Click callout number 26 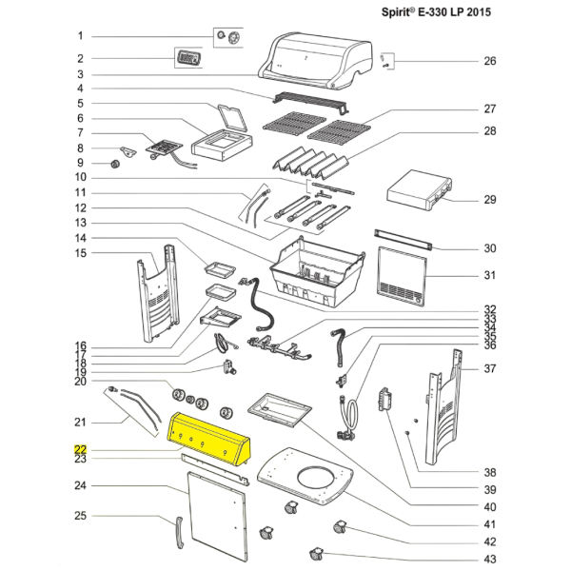click(489, 61)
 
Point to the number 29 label click(489, 200)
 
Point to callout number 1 click(81, 36)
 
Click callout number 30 click(489, 248)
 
